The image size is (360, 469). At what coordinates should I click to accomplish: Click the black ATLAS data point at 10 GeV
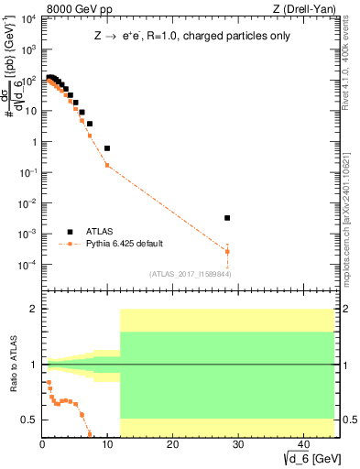(107, 147)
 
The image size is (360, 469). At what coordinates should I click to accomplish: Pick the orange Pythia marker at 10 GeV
(107, 165)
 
